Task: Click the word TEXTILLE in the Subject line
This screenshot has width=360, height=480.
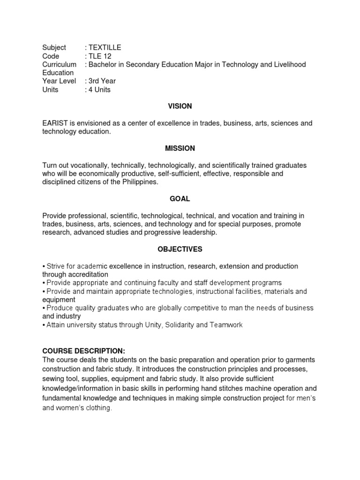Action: (105, 47)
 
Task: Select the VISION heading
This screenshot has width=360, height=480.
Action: (180, 106)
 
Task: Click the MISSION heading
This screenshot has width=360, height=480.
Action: (180, 149)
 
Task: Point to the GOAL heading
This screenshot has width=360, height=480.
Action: (180, 199)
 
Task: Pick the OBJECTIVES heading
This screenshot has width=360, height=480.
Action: (180, 249)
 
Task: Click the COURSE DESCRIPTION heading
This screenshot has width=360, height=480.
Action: (84, 351)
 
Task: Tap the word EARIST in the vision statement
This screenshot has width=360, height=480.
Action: (55, 123)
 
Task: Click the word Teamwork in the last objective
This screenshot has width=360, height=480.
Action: (226, 325)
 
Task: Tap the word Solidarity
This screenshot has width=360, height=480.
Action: (179, 325)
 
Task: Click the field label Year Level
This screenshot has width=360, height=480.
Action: (59, 81)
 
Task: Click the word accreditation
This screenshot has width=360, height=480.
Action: (87, 274)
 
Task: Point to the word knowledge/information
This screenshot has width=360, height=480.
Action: (82, 388)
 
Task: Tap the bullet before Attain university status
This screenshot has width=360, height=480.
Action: (44, 325)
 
